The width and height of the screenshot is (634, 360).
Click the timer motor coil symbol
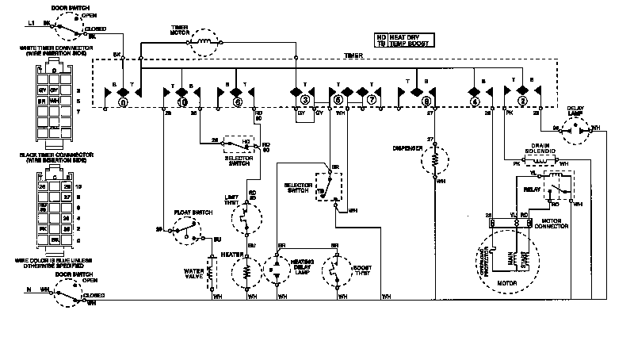click(x=204, y=40)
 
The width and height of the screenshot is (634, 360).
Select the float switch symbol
click(x=188, y=229)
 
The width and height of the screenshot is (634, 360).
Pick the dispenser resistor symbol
click(x=433, y=162)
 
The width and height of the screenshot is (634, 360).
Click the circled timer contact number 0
click(x=122, y=102)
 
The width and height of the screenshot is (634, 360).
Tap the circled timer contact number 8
click(x=427, y=102)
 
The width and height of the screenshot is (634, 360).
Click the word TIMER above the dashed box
click(x=353, y=56)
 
